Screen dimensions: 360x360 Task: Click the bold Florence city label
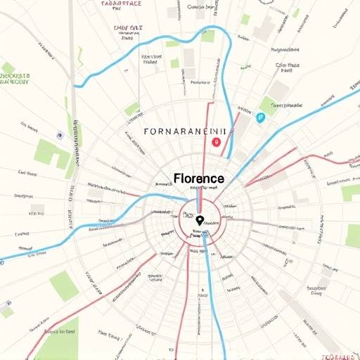click(198, 179)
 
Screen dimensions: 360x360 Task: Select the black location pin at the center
click(199, 221)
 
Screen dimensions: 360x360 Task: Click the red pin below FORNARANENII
click(217, 142)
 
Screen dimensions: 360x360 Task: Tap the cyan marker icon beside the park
click(260, 117)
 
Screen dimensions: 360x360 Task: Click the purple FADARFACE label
click(121, 4)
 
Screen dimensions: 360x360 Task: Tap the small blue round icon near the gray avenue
click(60, 134)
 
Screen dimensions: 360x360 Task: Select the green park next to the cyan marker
click(267, 105)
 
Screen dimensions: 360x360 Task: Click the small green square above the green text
click(8, 67)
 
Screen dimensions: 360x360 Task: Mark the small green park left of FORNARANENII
click(131, 108)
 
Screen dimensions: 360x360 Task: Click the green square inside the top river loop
click(208, 35)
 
